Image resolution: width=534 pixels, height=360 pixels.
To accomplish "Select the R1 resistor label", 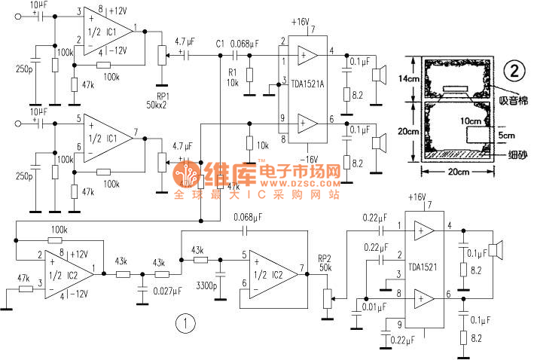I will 233,72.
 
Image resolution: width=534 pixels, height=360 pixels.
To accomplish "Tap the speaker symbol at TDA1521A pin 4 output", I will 380,75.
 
